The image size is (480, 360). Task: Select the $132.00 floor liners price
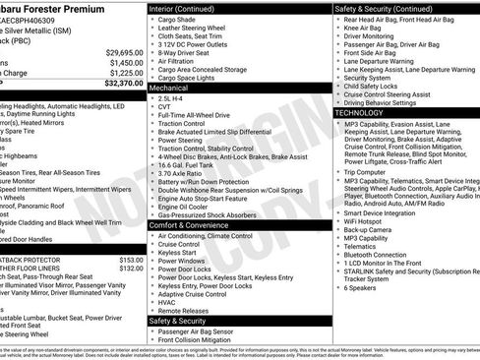click(x=131, y=269)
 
